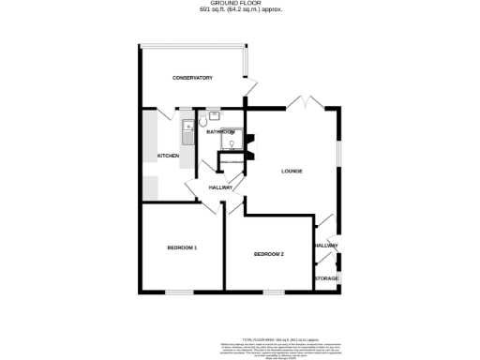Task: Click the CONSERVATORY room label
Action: point(193,78)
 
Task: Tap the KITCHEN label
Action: point(168,156)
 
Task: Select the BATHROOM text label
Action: point(220,132)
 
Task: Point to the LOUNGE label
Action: point(294,171)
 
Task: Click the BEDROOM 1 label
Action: point(181,247)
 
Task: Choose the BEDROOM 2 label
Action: point(268,254)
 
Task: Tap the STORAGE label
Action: point(326,278)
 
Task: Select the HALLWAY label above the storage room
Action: point(326,246)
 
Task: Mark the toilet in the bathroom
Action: point(215,118)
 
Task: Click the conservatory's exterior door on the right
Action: point(248,85)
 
